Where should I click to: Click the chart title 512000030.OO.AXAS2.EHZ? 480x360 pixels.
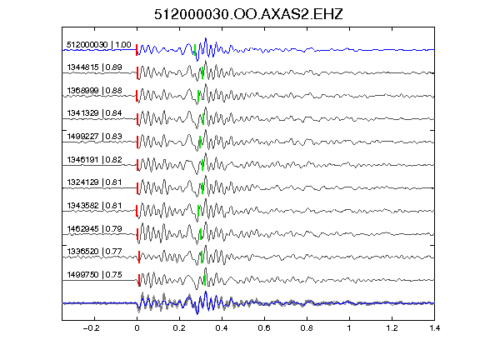[248, 14]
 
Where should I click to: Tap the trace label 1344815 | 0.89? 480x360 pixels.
[94, 67]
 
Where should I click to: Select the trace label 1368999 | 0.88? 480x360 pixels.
[94, 91]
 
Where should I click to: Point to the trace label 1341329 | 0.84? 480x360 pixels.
[94, 113]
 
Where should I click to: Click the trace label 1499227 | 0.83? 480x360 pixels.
[94, 136]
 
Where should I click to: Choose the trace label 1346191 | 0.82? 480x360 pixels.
[94, 159]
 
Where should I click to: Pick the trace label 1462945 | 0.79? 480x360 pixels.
[94, 228]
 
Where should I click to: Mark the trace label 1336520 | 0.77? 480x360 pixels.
[94, 252]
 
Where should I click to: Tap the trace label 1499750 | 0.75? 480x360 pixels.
[94, 275]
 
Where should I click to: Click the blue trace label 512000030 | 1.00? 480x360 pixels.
[98, 45]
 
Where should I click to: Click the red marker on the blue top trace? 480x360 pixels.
[137, 50]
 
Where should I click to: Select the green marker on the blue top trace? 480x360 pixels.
[195, 50]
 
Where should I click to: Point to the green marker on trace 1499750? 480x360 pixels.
[205, 280]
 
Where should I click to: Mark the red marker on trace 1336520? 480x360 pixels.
[139, 257]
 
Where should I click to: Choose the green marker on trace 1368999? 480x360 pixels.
[198, 96]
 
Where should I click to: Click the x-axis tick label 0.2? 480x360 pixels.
[179, 328]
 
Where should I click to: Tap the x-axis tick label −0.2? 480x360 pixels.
[91, 328]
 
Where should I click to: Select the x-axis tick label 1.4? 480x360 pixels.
[434, 328]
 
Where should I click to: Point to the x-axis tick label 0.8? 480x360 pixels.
[307, 328]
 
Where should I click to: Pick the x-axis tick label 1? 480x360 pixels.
[349, 328]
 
